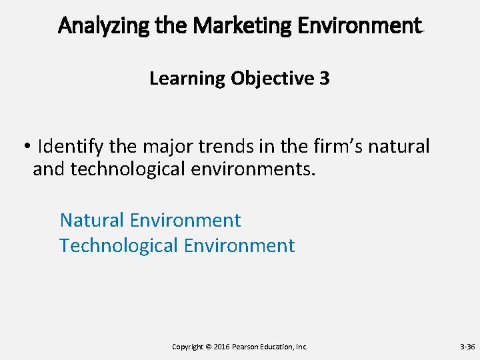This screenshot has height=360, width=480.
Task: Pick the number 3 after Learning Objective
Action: tap(324, 79)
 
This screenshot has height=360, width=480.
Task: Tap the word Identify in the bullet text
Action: tap(67, 145)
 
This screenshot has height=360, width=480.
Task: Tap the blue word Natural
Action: tap(93, 220)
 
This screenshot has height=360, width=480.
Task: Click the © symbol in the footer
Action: tap(209, 347)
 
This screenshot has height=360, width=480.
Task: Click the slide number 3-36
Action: tap(467, 347)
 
